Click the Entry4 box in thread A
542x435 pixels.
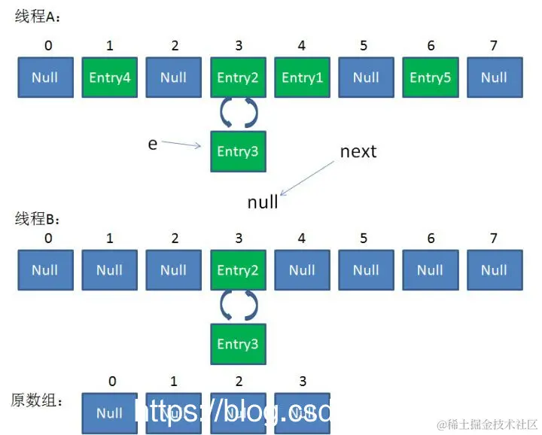(110, 77)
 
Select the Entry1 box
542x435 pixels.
(302, 77)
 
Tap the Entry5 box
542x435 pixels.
(431, 77)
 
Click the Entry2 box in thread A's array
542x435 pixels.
(238, 77)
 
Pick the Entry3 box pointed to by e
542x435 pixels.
(238, 151)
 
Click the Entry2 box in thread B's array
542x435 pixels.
(238, 269)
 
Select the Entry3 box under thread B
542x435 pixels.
(238, 344)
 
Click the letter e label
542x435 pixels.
(153, 143)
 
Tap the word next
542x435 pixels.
(358, 151)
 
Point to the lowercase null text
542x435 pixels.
(263, 202)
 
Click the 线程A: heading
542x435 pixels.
(38, 17)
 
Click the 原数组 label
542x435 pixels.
(37, 400)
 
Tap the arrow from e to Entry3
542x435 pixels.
(182, 144)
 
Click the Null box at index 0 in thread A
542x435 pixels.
(45, 77)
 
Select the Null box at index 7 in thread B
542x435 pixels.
(494, 269)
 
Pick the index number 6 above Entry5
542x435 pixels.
(431, 46)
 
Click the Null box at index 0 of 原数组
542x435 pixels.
(110, 412)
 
